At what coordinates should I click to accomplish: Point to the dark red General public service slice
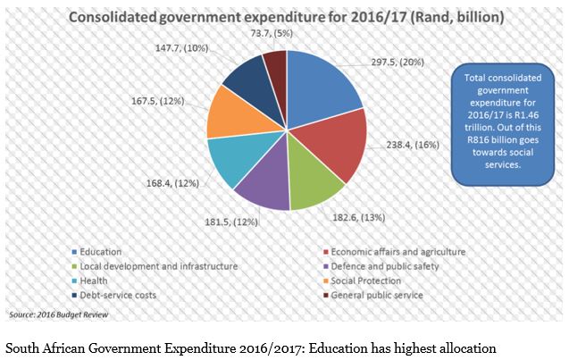276,68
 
